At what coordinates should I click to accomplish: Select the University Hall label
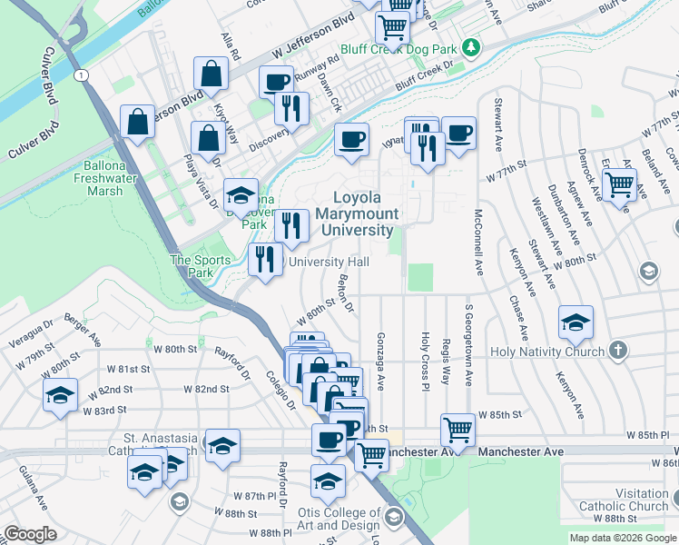[329, 262]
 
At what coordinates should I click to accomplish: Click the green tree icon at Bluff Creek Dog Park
[470, 46]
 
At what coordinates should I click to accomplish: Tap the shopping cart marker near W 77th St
[620, 184]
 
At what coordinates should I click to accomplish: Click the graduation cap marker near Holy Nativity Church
[576, 321]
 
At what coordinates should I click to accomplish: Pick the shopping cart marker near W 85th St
[458, 430]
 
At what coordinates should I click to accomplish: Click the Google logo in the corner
[30, 534]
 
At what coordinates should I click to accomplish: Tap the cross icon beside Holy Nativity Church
[617, 350]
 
